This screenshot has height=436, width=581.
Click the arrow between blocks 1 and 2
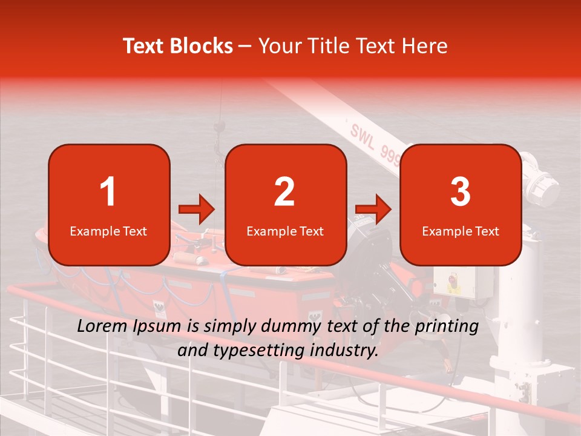pyautogui.click(x=197, y=210)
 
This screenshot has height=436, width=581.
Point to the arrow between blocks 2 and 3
pyautogui.click(x=373, y=210)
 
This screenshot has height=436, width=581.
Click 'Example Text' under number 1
pyautogui.click(x=108, y=231)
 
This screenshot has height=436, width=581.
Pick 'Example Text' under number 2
pyautogui.click(x=285, y=231)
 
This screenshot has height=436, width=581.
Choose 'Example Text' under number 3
pyautogui.click(x=461, y=231)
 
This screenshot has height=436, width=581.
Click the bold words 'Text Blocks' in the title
pyautogui.click(x=178, y=46)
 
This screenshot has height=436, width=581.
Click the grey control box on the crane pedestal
pyautogui.click(x=464, y=281)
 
